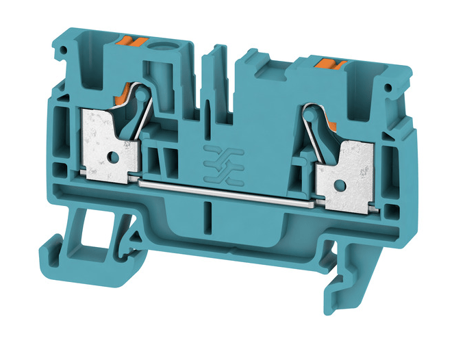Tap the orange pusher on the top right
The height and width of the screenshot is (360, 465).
[331, 66]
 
